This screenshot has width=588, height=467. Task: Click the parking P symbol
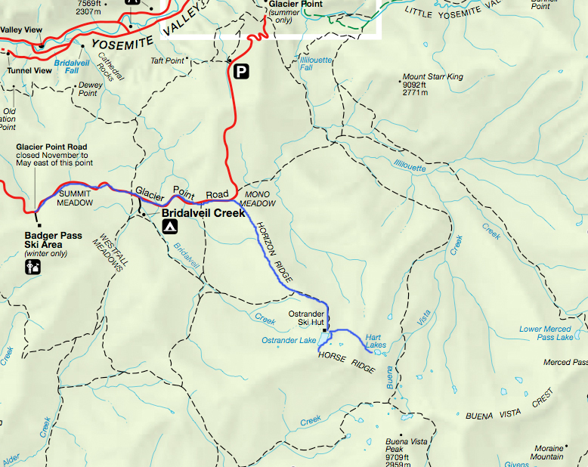pos(241,72)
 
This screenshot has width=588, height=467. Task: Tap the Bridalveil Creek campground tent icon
pos(171,226)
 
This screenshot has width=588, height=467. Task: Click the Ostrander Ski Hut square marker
pos(324,330)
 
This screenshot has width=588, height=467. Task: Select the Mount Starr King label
pos(432,77)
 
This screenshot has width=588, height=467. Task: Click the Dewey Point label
pos(91,89)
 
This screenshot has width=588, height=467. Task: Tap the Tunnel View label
pos(29,71)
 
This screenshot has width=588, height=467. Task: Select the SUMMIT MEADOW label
pos(76,198)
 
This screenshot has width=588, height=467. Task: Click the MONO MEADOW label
pos(255,199)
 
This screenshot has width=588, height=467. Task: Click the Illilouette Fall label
pos(317,63)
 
